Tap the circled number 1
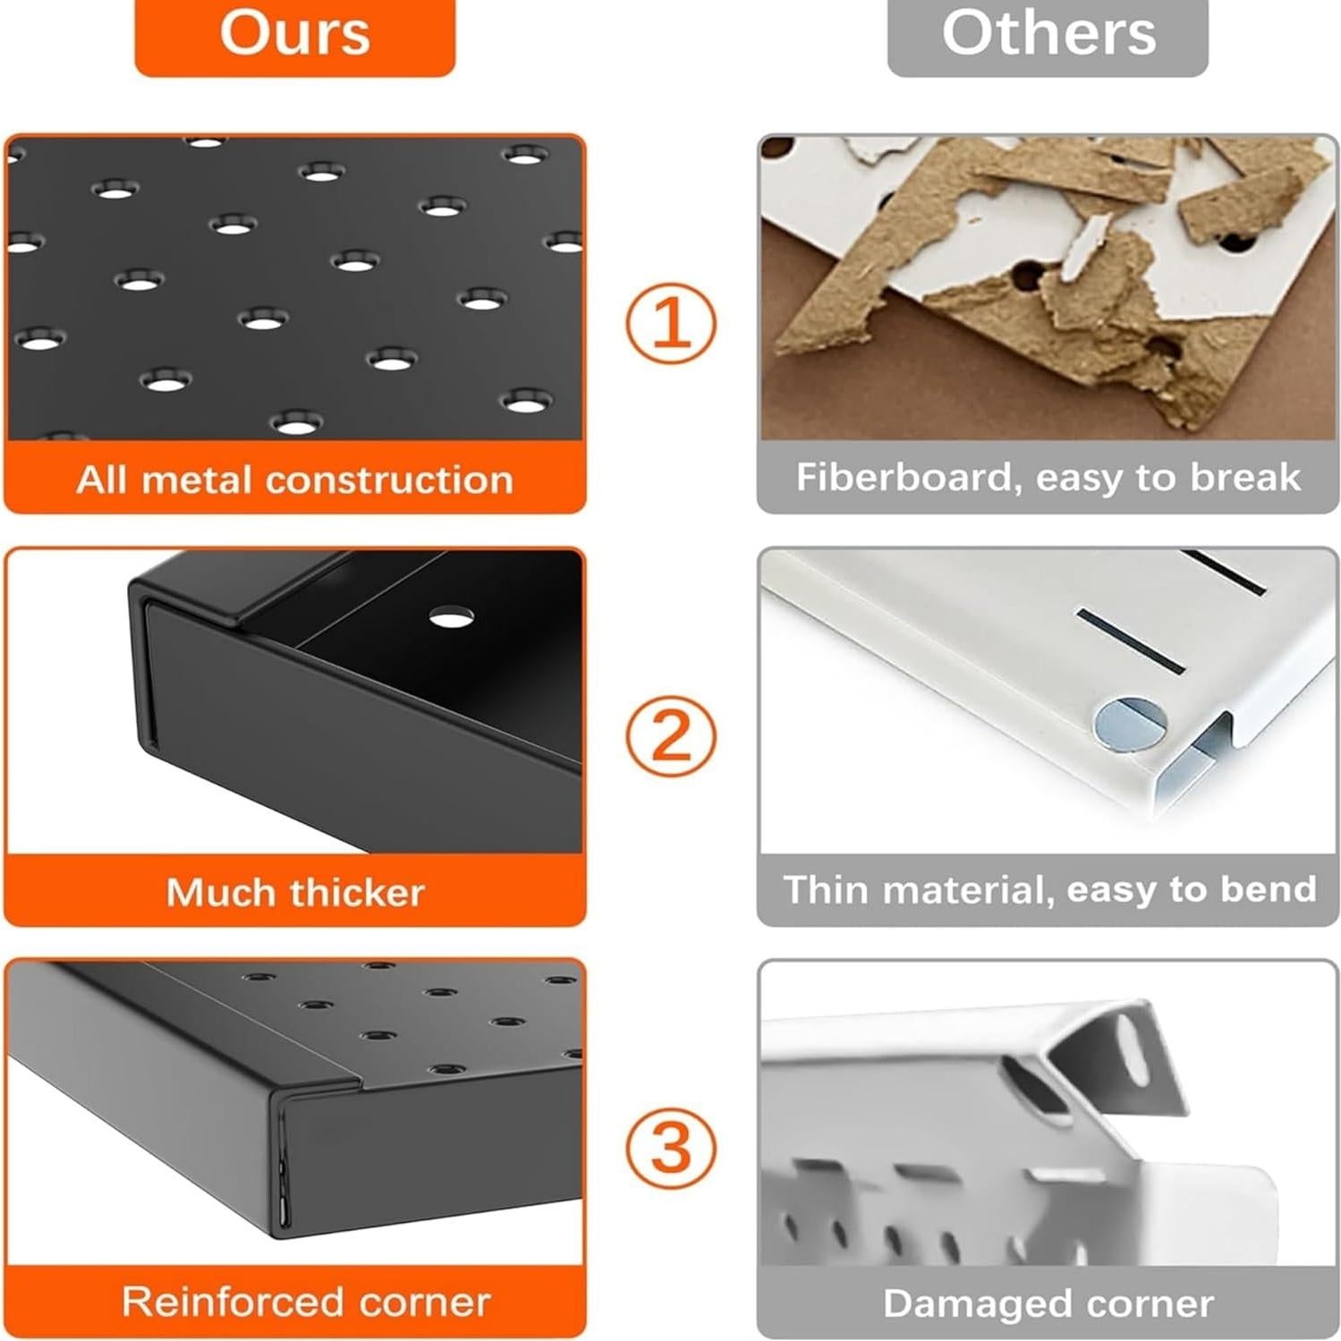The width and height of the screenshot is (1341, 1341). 670,323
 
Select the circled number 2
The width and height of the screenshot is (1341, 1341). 670,736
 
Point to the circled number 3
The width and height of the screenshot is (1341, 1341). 670,1149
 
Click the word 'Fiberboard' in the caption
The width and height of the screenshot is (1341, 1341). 908,478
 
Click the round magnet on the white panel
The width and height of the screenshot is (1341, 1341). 1130,723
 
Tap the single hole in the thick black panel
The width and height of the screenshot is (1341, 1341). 452,616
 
